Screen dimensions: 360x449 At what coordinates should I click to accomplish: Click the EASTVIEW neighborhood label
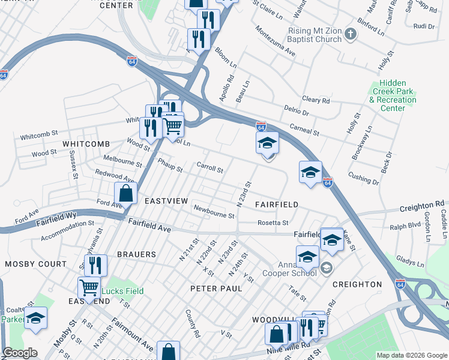click(x=167, y=200)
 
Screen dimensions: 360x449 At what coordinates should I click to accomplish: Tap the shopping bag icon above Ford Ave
click(x=125, y=193)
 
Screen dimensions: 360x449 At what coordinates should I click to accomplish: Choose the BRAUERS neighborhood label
click(x=136, y=254)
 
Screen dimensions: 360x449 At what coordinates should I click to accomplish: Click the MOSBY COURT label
click(x=35, y=264)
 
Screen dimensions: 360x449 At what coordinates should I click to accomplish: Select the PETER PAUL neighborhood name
click(x=216, y=289)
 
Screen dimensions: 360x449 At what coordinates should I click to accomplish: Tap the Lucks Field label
click(x=122, y=292)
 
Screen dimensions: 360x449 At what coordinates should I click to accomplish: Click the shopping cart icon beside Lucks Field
click(x=89, y=288)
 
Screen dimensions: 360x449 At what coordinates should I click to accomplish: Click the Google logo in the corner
click(x=20, y=353)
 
